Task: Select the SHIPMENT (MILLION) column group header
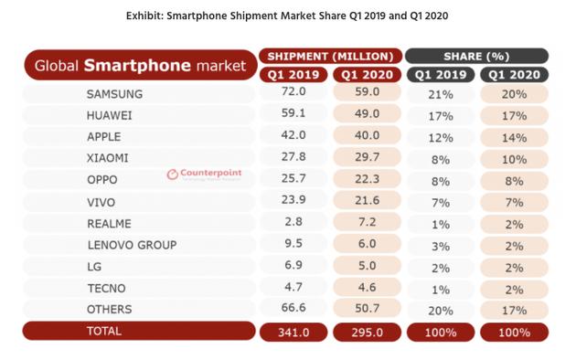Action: point(330,55)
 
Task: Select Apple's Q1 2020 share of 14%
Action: point(513,134)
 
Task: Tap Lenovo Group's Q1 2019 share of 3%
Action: point(440,245)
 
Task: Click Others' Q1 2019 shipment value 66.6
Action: point(293,309)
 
